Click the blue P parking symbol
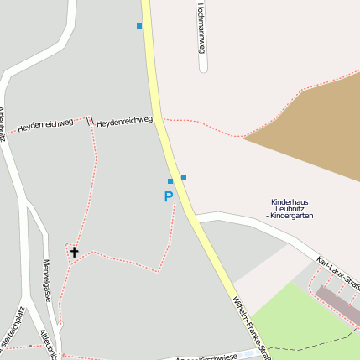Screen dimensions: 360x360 coord(169,197)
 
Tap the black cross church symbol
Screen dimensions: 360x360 coord(74,251)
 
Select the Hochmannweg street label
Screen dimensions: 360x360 coord(201,28)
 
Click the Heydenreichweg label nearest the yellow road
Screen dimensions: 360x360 coord(125,123)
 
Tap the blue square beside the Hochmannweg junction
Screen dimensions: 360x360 coord(139,26)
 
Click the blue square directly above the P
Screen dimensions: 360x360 coord(170,181)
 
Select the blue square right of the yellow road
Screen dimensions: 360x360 coord(184,176)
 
